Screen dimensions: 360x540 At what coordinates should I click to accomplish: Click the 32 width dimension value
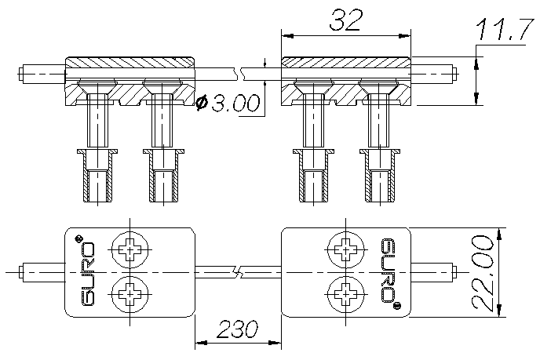tap(346, 21)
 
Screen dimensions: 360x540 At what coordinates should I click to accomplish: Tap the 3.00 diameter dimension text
tap(234, 104)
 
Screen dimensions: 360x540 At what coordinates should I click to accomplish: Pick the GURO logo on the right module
tap(387, 271)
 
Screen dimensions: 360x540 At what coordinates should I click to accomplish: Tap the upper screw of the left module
tap(129, 251)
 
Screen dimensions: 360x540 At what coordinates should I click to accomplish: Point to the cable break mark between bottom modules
tap(239, 272)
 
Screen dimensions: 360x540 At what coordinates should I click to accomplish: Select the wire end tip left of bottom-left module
tap(20, 272)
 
